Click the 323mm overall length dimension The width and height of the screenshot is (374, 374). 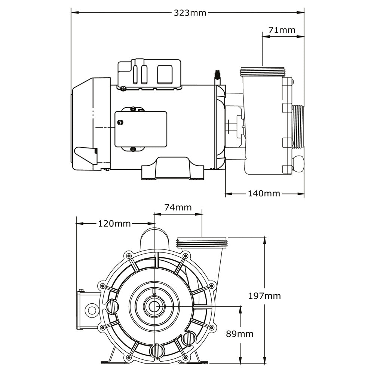click(x=190, y=13)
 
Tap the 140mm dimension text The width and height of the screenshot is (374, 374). click(x=264, y=193)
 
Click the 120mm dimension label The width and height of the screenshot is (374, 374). click(x=114, y=224)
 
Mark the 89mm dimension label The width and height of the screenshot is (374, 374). click(x=240, y=334)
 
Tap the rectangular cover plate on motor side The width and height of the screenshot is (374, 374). click(x=141, y=129)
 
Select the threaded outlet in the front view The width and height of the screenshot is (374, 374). click(x=202, y=243)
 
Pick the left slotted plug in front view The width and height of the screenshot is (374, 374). click(x=113, y=307)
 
